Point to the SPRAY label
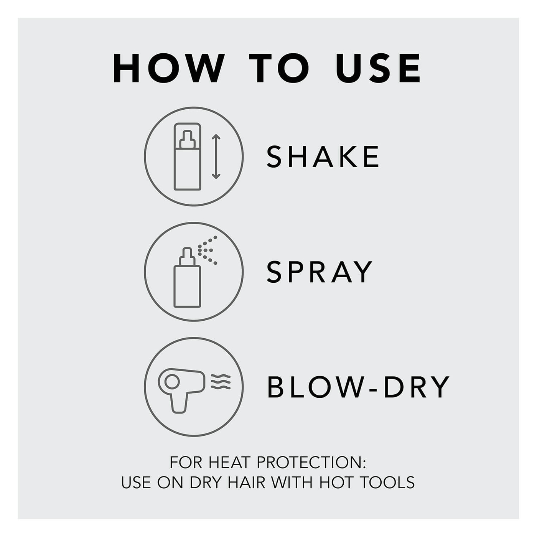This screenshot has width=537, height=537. coord(320,272)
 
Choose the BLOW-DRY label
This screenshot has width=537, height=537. coord(358,387)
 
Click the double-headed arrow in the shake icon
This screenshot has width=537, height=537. coord(216,156)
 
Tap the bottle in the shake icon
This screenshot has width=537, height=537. coord(187,156)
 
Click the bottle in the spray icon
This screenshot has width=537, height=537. coord(187,278)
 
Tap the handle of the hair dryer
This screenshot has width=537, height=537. coord(179,401)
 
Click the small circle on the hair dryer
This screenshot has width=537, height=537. coord(172,382)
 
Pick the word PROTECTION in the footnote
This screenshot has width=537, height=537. coord(311,463)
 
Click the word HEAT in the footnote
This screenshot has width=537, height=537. coord(229,463)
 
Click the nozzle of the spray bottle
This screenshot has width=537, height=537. coord(187,257)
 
